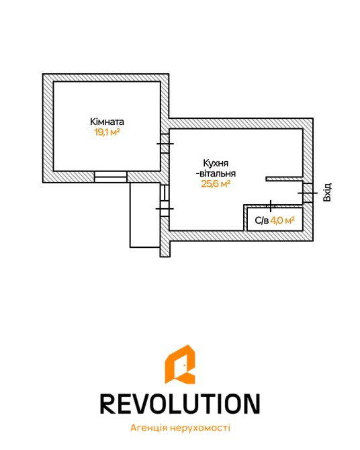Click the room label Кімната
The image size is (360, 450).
click(x=107, y=122)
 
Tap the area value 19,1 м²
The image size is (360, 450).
click(x=107, y=132)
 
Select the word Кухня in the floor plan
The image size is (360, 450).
click(x=216, y=163)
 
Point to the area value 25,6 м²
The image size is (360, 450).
click(x=216, y=183)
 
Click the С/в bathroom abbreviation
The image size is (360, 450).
click(x=261, y=220)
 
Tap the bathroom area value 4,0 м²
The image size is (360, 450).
click(x=283, y=220)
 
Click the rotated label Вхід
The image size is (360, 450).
click(x=327, y=192)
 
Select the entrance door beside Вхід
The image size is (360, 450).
click(x=308, y=193)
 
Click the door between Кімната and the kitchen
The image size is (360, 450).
click(x=165, y=144)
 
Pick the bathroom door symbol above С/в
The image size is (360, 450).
click(x=271, y=206)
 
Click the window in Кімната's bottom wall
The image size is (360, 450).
click(x=111, y=177)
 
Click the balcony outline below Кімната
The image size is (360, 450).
click(x=130, y=215)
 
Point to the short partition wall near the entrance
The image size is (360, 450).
click(x=284, y=179)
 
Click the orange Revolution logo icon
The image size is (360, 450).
click(x=180, y=365)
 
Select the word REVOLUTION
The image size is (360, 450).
click(x=180, y=404)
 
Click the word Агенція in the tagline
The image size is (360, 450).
click(x=148, y=428)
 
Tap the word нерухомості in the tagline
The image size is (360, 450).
click(x=200, y=428)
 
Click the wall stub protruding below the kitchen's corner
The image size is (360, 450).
click(x=165, y=249)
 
